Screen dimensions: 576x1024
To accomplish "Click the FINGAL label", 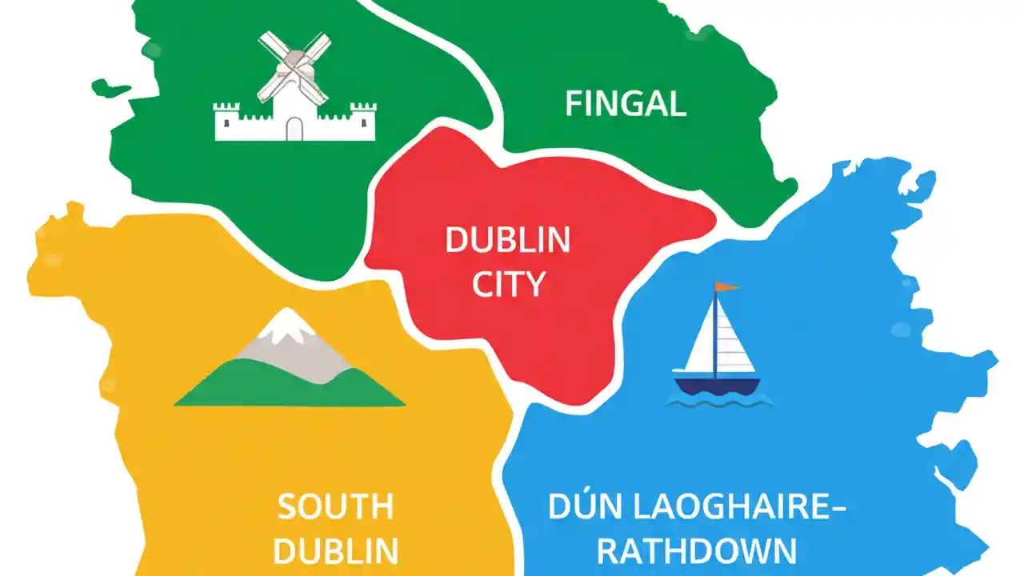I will pyautogui.click(x=625, y=105).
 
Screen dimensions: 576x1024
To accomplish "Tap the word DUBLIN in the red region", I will pyautogui.click(x=507, y=240).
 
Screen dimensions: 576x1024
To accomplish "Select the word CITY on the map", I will pyautogui.click(x=508, y=285).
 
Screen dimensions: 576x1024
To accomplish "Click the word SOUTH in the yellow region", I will pyautogui.click(x=335, y=507).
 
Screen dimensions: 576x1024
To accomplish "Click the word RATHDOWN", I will pyautogui.click(x=696, y=552).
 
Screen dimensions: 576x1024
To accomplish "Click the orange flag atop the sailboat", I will pyautogui.click(x=726, y=286).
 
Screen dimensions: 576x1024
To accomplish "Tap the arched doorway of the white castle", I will pyautogui.click(x=295, y=129).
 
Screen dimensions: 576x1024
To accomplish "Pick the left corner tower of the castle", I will pyautogui.click(x=226, y=120).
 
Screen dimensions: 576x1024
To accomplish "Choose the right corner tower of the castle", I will pyautogui.click(x=363, y=120).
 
